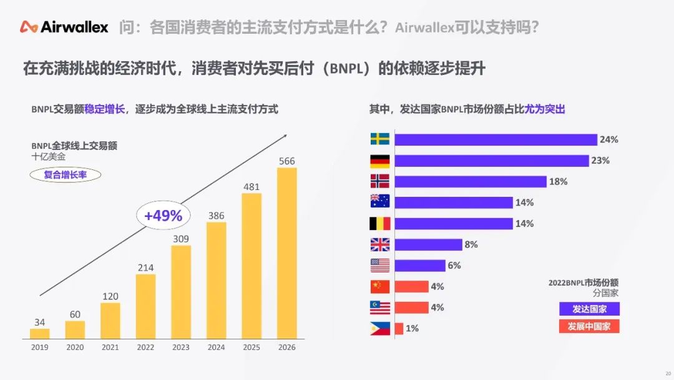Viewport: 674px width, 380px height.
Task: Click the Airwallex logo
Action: click(x=64, y=27)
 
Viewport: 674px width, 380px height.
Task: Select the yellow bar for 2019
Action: click(x=39, y=334)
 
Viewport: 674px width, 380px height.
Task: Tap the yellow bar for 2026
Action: click(x=287, y=253)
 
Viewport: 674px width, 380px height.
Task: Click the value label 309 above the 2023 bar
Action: click(x=181, y=239)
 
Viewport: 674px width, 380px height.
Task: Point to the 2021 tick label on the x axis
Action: click(x=110, y=347)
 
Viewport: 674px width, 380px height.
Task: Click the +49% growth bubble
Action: click(x=163, y=216)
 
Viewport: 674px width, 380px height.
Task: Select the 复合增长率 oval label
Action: click(x=66, y=175)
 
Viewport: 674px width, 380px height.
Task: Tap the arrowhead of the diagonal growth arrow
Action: click(x=285, y=135)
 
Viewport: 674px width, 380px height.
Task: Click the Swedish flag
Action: click(x=380, y=139)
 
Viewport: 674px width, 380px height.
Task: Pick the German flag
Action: click(x=380, y=161)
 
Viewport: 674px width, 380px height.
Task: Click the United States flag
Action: click(x=380, y=266)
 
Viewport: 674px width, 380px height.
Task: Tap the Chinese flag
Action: click(x=380, y=287)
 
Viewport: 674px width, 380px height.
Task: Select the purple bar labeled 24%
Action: click(x=496, y=139)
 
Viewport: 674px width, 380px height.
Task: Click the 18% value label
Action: click(x=558, y=182)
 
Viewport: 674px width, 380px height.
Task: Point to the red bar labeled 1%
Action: click(x=399, y=329)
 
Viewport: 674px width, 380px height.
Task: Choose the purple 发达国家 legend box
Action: click(x=589, y=309)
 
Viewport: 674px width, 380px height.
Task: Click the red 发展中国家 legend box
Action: click(x=589, y=327)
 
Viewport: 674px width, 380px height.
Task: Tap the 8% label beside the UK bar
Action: click(x=471, y=245)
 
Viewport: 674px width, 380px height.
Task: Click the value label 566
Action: click(x=287, y=161)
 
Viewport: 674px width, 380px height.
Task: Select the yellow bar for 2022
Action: click(x=145, y=307)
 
